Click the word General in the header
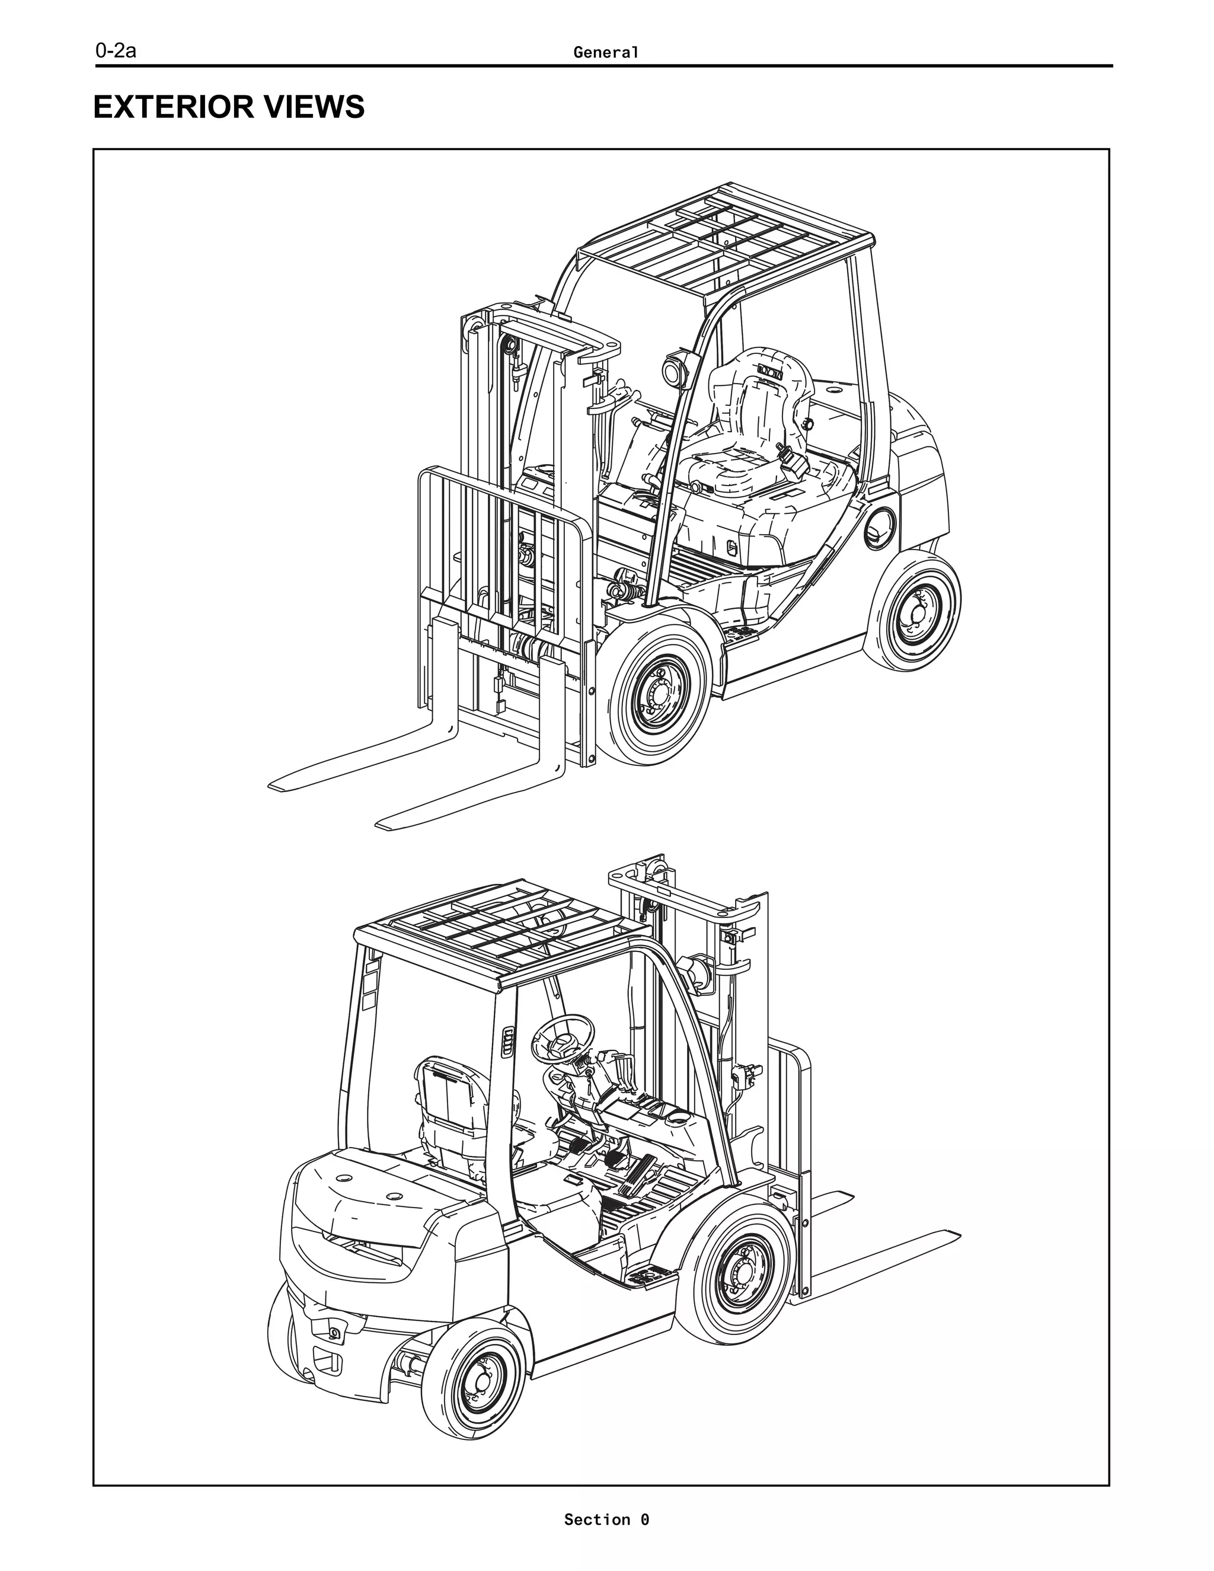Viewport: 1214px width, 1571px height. point(606,53)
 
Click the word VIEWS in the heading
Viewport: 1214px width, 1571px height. point(315,107)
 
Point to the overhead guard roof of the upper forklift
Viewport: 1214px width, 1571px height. point(726,237)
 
